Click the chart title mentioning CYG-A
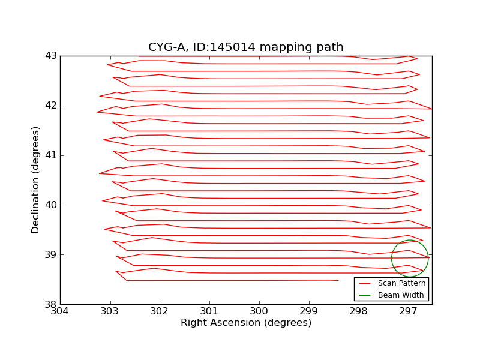coord(246,47)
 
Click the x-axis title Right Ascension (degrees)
coord(246,323)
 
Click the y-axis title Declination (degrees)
coord(36,180)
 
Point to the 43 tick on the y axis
coord(50,56)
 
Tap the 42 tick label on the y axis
coord(50,106)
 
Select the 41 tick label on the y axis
coord(50,155)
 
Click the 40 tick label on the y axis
coord(50,205)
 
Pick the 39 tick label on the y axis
coord(50,254)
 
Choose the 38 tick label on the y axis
coord(50,304)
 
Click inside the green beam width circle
coord(410,258)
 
